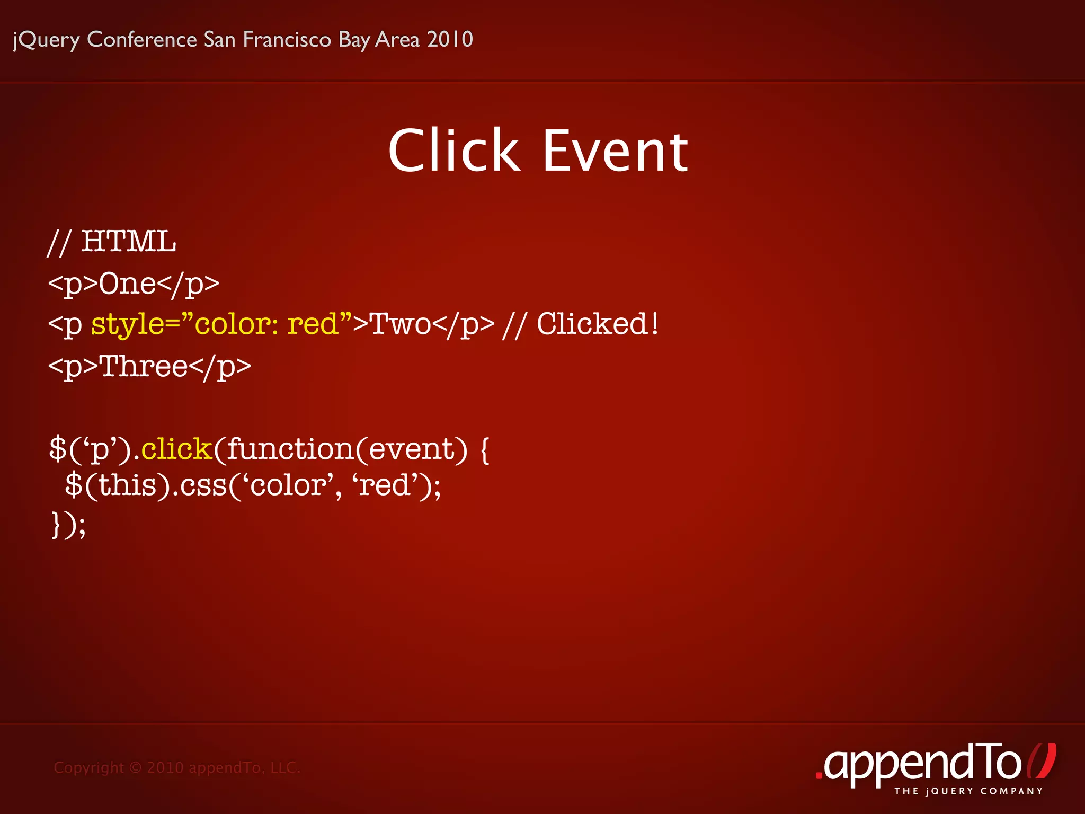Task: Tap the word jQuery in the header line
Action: (x=46, y=40)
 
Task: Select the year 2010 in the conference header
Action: (x=450, y=39)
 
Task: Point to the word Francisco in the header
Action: (x=287, y=39)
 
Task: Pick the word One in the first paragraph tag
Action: (x=127, y=284)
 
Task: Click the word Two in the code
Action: (x=400, y=324)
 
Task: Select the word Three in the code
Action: (x=144, y=366)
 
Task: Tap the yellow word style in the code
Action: (x=127, y=324)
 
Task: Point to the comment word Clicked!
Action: (x=598, y=324)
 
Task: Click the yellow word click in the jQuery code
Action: (x=176, y=449)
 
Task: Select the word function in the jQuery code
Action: (x=290, y=449)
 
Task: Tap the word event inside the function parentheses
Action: (x=412, y=449)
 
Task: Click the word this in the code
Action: (x=127, y=485)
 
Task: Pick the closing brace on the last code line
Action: (x=56, y=525)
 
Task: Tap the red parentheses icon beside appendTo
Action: (x=1042, y=761)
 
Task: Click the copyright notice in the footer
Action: (x=177, y=767)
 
